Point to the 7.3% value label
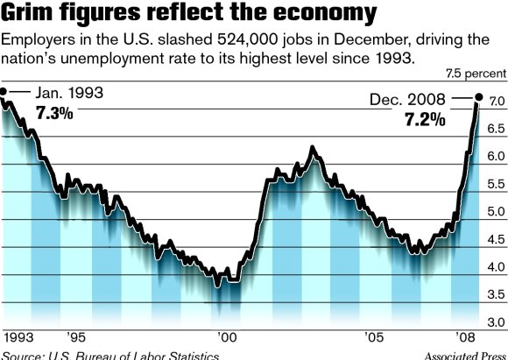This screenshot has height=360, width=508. (54, 113)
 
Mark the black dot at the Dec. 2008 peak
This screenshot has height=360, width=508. (478, 97)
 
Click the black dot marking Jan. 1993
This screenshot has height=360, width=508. (4, 92)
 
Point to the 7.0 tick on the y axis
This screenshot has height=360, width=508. (495, 102)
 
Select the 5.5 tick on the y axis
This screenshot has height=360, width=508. (495, 185)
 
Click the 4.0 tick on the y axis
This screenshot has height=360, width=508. (495, 267)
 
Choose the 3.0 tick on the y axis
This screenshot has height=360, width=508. (495, 322)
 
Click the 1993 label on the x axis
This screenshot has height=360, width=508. (18, 337)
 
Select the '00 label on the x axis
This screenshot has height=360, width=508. (226, 337)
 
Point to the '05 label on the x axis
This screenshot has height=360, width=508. (377, 337)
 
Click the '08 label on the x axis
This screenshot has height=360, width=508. (468, 337)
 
